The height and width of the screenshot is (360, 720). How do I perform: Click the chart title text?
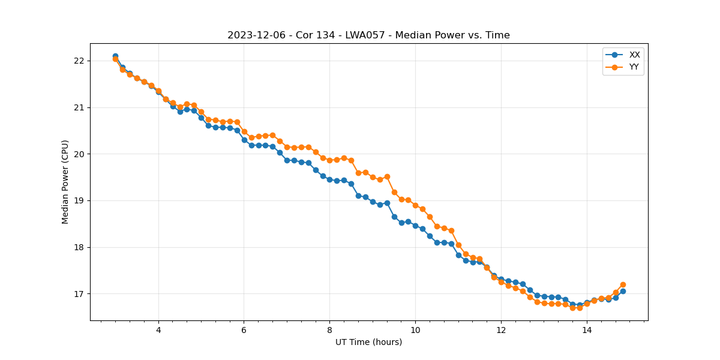368,35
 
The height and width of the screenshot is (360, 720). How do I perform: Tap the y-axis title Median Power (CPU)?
65,182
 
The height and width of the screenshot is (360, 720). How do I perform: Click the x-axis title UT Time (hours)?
368,342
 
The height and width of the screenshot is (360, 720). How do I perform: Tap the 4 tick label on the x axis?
158,329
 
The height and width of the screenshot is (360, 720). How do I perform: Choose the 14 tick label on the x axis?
587,329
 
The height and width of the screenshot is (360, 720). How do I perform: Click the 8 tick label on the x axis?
329,329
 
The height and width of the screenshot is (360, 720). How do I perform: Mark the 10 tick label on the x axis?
415,329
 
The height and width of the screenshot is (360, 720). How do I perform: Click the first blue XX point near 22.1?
115,56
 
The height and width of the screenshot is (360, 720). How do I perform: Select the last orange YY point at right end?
623,284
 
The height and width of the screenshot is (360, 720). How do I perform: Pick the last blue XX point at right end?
623,291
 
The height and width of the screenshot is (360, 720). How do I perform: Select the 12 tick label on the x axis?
501,329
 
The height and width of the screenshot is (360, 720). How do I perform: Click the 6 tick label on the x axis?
244,329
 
